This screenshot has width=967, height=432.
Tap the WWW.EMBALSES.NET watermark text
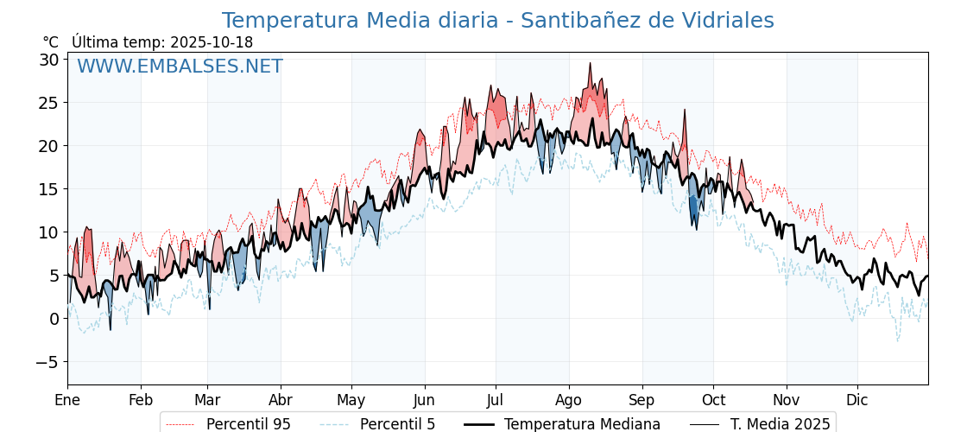pyautogui.click(x=180, y=67)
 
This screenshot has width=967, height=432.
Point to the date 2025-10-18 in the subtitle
pyautogui.click(x=212, y=42)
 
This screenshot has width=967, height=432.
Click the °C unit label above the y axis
pyautogui.click(x=50, y=42)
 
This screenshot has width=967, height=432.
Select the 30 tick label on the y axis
pyautogui.click(x=48, y=60)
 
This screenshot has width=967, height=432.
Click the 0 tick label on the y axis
pyautogui.click(x=54, y=319)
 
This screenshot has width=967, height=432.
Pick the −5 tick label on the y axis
pyautogui.click(x=47, y=362)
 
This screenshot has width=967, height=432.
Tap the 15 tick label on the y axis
pyautogui.click(x=48, y=189)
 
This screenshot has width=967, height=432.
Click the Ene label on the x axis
pyautogui.click(x=67, y=400)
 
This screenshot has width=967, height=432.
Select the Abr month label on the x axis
pyautogui.click(x=281, y=400)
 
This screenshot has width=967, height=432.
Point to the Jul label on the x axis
pyautogui.click(x=496, y=400)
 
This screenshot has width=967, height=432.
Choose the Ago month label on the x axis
pyautogui.click(x=569, y=400)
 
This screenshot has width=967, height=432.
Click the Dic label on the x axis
pyautogui.click(x=857, y=400)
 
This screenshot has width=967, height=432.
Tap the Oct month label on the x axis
pyautogui.click(x=713, y=400)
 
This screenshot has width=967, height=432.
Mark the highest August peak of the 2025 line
pyautogui.click(x=590, y=64)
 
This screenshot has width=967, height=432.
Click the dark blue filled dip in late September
pyautogui.click(x=693, y=208)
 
